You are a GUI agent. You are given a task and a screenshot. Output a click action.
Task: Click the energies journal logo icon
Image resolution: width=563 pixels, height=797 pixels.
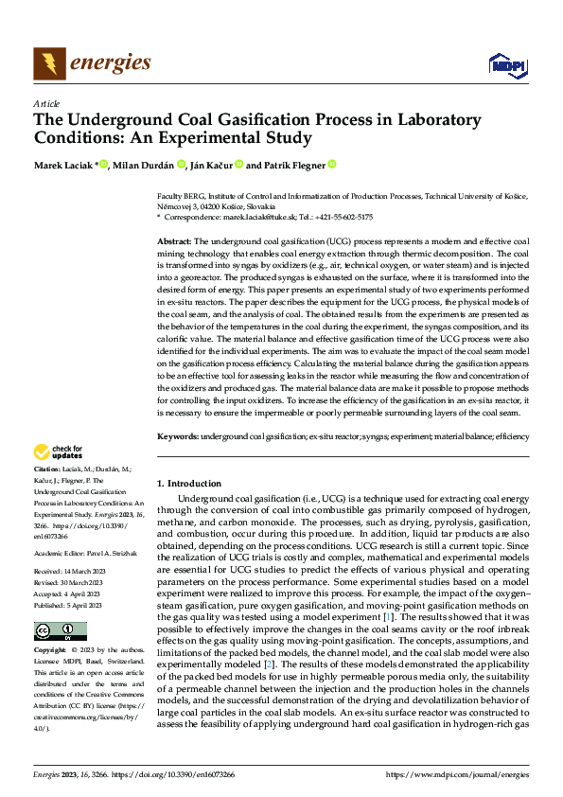click(x=49, y=63)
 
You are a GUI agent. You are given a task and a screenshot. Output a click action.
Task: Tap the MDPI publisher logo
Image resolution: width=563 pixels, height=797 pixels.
click(x=506, y=64)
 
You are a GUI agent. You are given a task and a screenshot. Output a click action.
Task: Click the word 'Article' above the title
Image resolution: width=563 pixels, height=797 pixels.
click(x=46, y=103)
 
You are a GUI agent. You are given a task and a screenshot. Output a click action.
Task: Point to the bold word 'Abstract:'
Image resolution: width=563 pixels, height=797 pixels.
click(x=174, y=242)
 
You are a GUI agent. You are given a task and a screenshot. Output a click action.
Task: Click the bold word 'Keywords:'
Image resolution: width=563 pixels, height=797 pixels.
click(x=177, y=437)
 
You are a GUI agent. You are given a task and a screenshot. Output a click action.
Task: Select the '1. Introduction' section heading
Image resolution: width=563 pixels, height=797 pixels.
click(x=189, y=483)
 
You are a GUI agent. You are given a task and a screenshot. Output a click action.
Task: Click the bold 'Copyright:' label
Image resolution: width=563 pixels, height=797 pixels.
click(x=50, y=651)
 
